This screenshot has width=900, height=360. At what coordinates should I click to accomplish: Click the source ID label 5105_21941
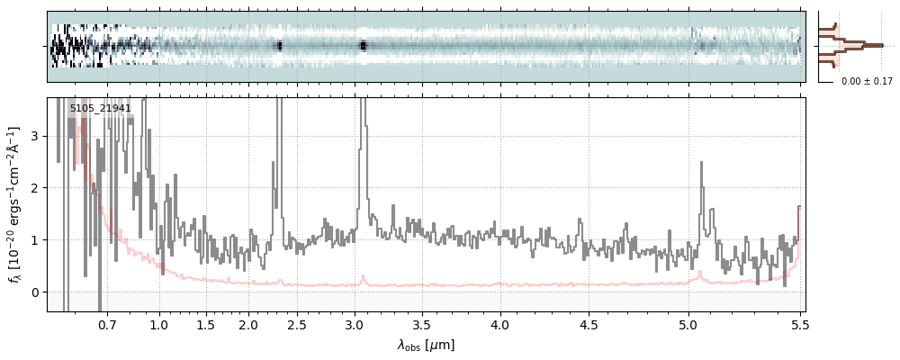101,109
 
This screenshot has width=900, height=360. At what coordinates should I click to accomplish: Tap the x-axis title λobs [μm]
427,344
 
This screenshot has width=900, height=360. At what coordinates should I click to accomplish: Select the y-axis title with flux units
15,204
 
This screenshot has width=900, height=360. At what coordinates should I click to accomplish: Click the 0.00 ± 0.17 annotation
867,82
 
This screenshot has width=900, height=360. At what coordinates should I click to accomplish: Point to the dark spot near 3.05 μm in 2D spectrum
363,45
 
